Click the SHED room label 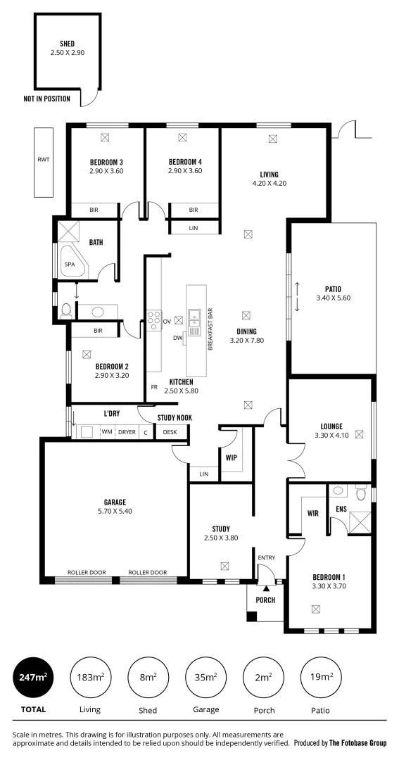coord(67,44)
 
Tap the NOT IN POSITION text coord(46,99)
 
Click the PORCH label coord(265,600)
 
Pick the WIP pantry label coord(231,457)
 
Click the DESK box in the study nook coord(170,432)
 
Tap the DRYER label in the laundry coord(127,432)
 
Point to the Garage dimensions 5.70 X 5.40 coord(115,511)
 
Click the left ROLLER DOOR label coord(86,573)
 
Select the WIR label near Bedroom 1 coord(313,513)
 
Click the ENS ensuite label coord(341,508)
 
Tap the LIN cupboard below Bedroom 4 coord(194,228)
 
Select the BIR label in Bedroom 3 coord(94,210)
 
